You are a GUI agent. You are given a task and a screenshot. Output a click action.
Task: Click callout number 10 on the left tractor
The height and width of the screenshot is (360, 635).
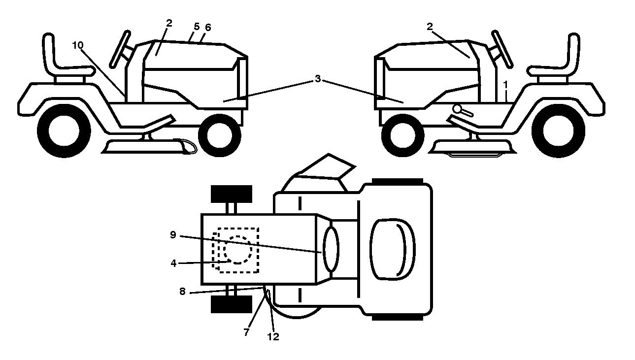[78, 45]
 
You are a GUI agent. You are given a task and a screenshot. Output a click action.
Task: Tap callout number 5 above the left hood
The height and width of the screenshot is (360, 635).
[197, 27]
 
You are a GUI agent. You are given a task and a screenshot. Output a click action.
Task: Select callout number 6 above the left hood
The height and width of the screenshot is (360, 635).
[208, 28]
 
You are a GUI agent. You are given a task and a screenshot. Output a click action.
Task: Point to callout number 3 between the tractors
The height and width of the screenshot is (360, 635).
[318, 79]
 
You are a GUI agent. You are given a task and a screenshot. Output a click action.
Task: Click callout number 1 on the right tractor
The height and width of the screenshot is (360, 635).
[505, 85]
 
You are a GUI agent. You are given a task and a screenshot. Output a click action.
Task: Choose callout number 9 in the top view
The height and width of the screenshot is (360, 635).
[173, 235]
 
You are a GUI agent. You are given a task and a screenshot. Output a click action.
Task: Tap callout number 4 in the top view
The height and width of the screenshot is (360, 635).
[173, 263]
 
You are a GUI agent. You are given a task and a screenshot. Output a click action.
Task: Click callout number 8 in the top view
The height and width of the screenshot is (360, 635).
[182, 292]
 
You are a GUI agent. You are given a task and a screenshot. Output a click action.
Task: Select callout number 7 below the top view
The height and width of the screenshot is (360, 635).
[246, 332]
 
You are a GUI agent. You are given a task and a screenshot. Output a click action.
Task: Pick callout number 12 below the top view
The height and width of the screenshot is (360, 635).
[273, 337]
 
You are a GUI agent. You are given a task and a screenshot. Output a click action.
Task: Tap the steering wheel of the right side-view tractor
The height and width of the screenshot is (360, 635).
[502, 49]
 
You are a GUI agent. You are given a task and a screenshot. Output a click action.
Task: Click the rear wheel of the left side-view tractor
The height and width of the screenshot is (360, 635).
[64, 131]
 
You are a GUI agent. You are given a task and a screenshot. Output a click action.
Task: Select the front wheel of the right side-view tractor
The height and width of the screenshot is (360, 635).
[403, 135]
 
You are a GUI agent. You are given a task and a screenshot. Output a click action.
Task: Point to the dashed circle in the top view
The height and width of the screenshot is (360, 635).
[237, 250]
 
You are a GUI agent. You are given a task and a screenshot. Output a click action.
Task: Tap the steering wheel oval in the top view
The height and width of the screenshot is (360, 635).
[331, 250]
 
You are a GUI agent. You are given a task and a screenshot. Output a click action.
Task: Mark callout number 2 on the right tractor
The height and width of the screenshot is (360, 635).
[430, 27]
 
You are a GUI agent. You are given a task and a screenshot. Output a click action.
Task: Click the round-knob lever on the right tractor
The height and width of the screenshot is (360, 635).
[463, 110]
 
